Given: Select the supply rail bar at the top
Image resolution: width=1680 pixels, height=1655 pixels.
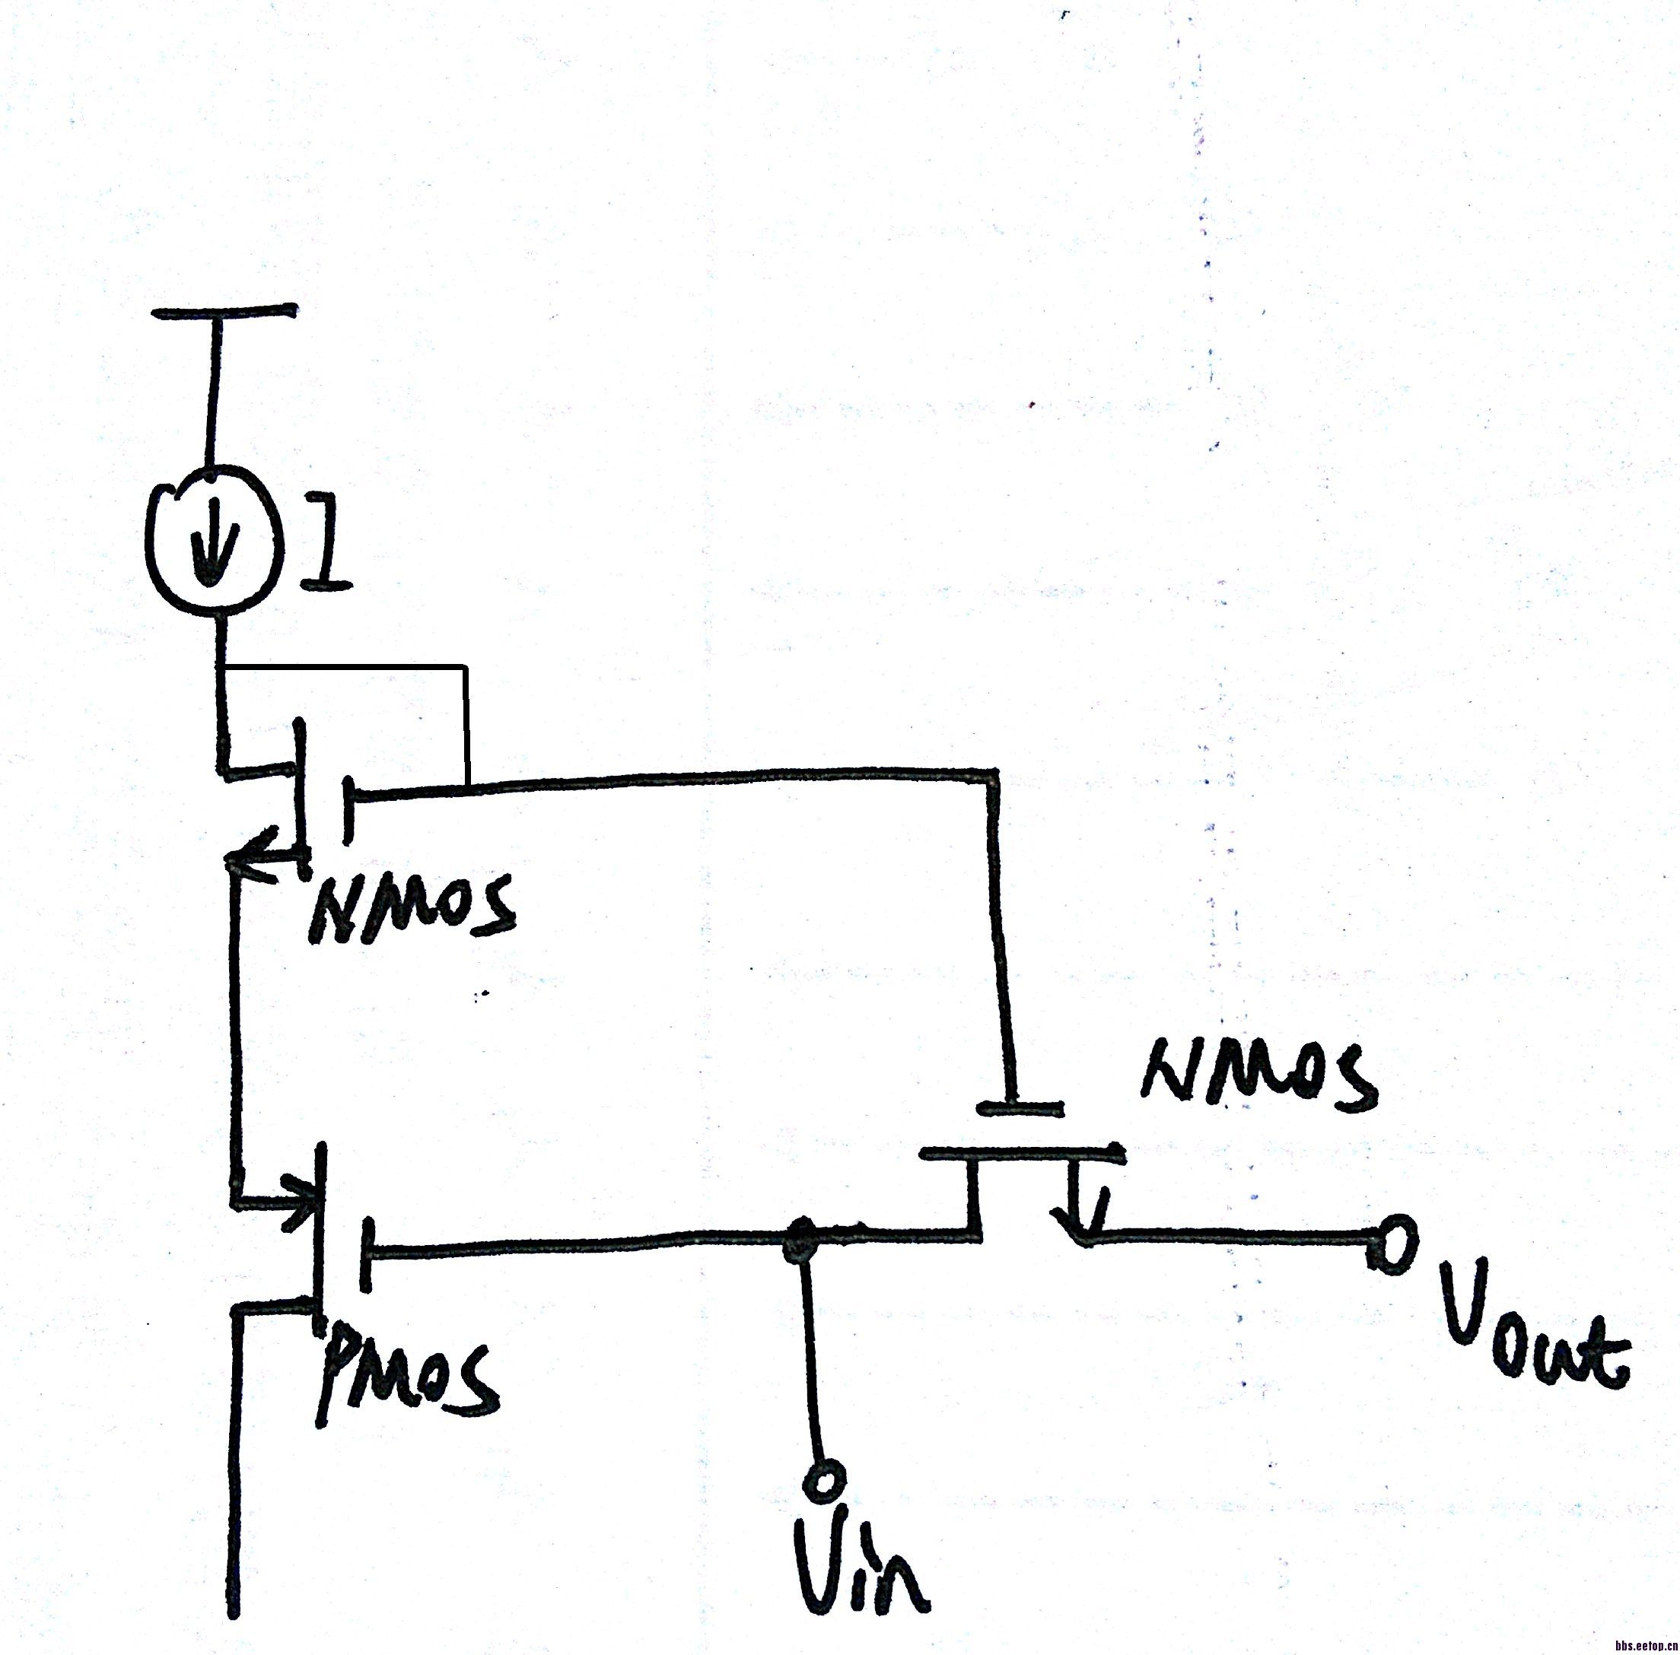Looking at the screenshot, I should point(224,311).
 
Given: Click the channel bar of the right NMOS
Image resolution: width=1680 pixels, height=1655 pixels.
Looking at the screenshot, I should point(1022,1155).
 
